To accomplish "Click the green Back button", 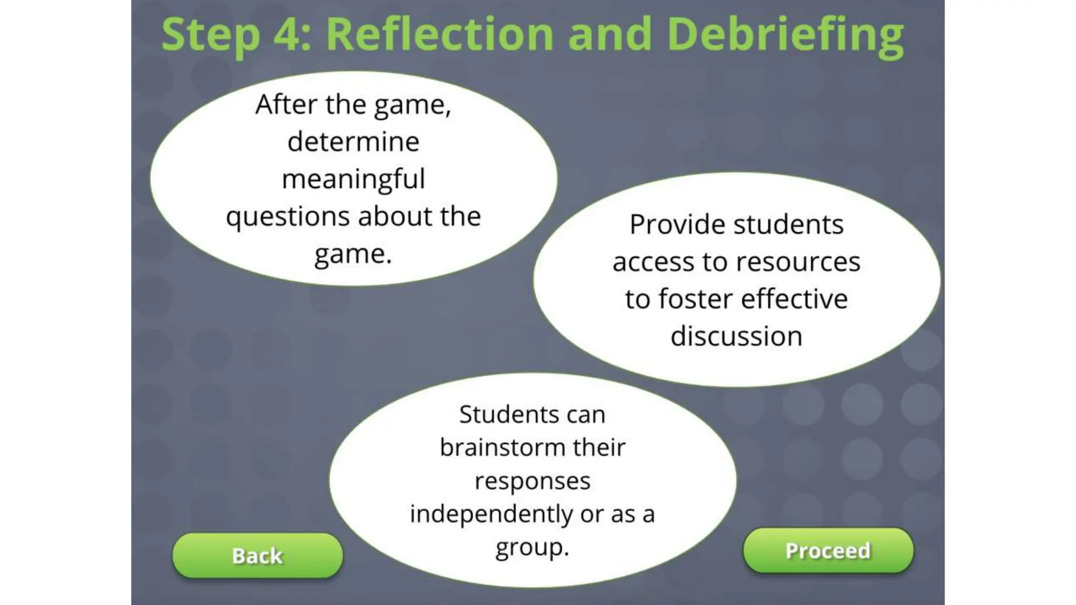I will tap(257, 556).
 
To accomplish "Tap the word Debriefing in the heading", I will tap(785, 35).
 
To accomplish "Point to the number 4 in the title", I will tap(288, 35).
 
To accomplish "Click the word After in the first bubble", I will tap(286, 104).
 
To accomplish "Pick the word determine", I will tap(353, 142).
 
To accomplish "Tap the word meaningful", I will tap(353, 179).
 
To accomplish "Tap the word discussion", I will tap(736, 336).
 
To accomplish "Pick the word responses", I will tap(532, 481).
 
